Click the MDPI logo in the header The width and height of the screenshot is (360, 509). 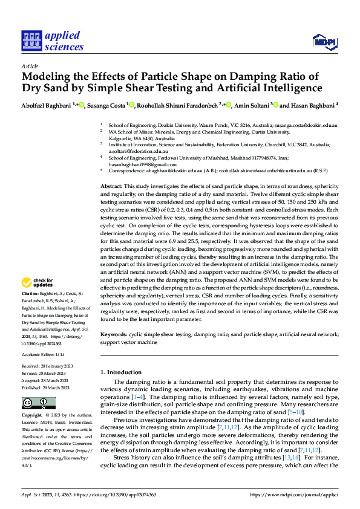(324, 41)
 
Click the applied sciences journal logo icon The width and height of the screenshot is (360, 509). (31, 41)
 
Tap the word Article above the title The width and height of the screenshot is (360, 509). (30, 66)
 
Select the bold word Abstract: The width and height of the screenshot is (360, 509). (111, 187)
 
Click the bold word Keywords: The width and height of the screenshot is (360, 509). (113, 334)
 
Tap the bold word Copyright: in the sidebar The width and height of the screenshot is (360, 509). (33, 416)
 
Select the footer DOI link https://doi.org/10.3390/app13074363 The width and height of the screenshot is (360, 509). (123, 493)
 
